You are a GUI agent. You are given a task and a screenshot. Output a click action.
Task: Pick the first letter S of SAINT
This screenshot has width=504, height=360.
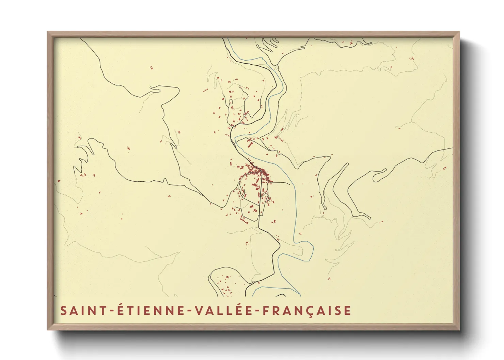[64, 311]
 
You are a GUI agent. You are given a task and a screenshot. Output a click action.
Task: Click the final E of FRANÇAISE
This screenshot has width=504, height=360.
[347, 311]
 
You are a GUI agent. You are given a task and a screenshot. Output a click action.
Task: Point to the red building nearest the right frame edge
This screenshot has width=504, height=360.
[444, 168]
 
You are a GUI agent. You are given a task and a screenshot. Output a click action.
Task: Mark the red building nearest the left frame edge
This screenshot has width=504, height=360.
[59, 181]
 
